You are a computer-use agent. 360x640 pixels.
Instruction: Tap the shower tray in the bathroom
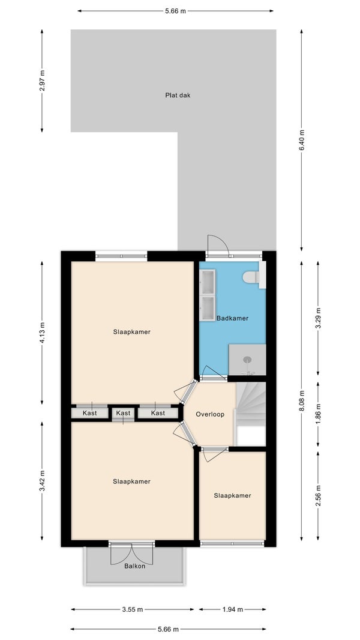tap(247, 360)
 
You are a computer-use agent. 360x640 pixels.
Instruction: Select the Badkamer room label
tap(232, 318)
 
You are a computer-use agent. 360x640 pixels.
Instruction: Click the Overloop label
tap(210, 414)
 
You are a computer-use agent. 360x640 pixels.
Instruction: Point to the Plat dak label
tap(178, 95)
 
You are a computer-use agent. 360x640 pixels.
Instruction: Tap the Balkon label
tap(134, 566)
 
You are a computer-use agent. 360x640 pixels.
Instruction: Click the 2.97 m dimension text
tap(42, 81)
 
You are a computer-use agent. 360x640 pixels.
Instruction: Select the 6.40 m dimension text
tap(302, 140)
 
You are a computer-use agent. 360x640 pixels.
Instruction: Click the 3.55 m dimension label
tap(133, 609)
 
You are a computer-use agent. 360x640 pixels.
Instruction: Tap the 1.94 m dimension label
tap(232, 609)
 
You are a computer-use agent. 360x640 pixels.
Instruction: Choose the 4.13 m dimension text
tap(42, 333)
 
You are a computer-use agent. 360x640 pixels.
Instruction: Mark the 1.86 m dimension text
tap(319, 414)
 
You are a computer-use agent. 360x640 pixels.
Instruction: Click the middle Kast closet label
tap(123, 413)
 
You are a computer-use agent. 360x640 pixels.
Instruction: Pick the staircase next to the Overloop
tap(251, 414)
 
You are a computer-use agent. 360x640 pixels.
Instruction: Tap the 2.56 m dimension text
tap(319, 495)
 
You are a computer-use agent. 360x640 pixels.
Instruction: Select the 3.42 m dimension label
tap(42, 482)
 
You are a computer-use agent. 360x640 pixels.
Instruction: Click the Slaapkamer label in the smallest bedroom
tap(232, 495)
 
